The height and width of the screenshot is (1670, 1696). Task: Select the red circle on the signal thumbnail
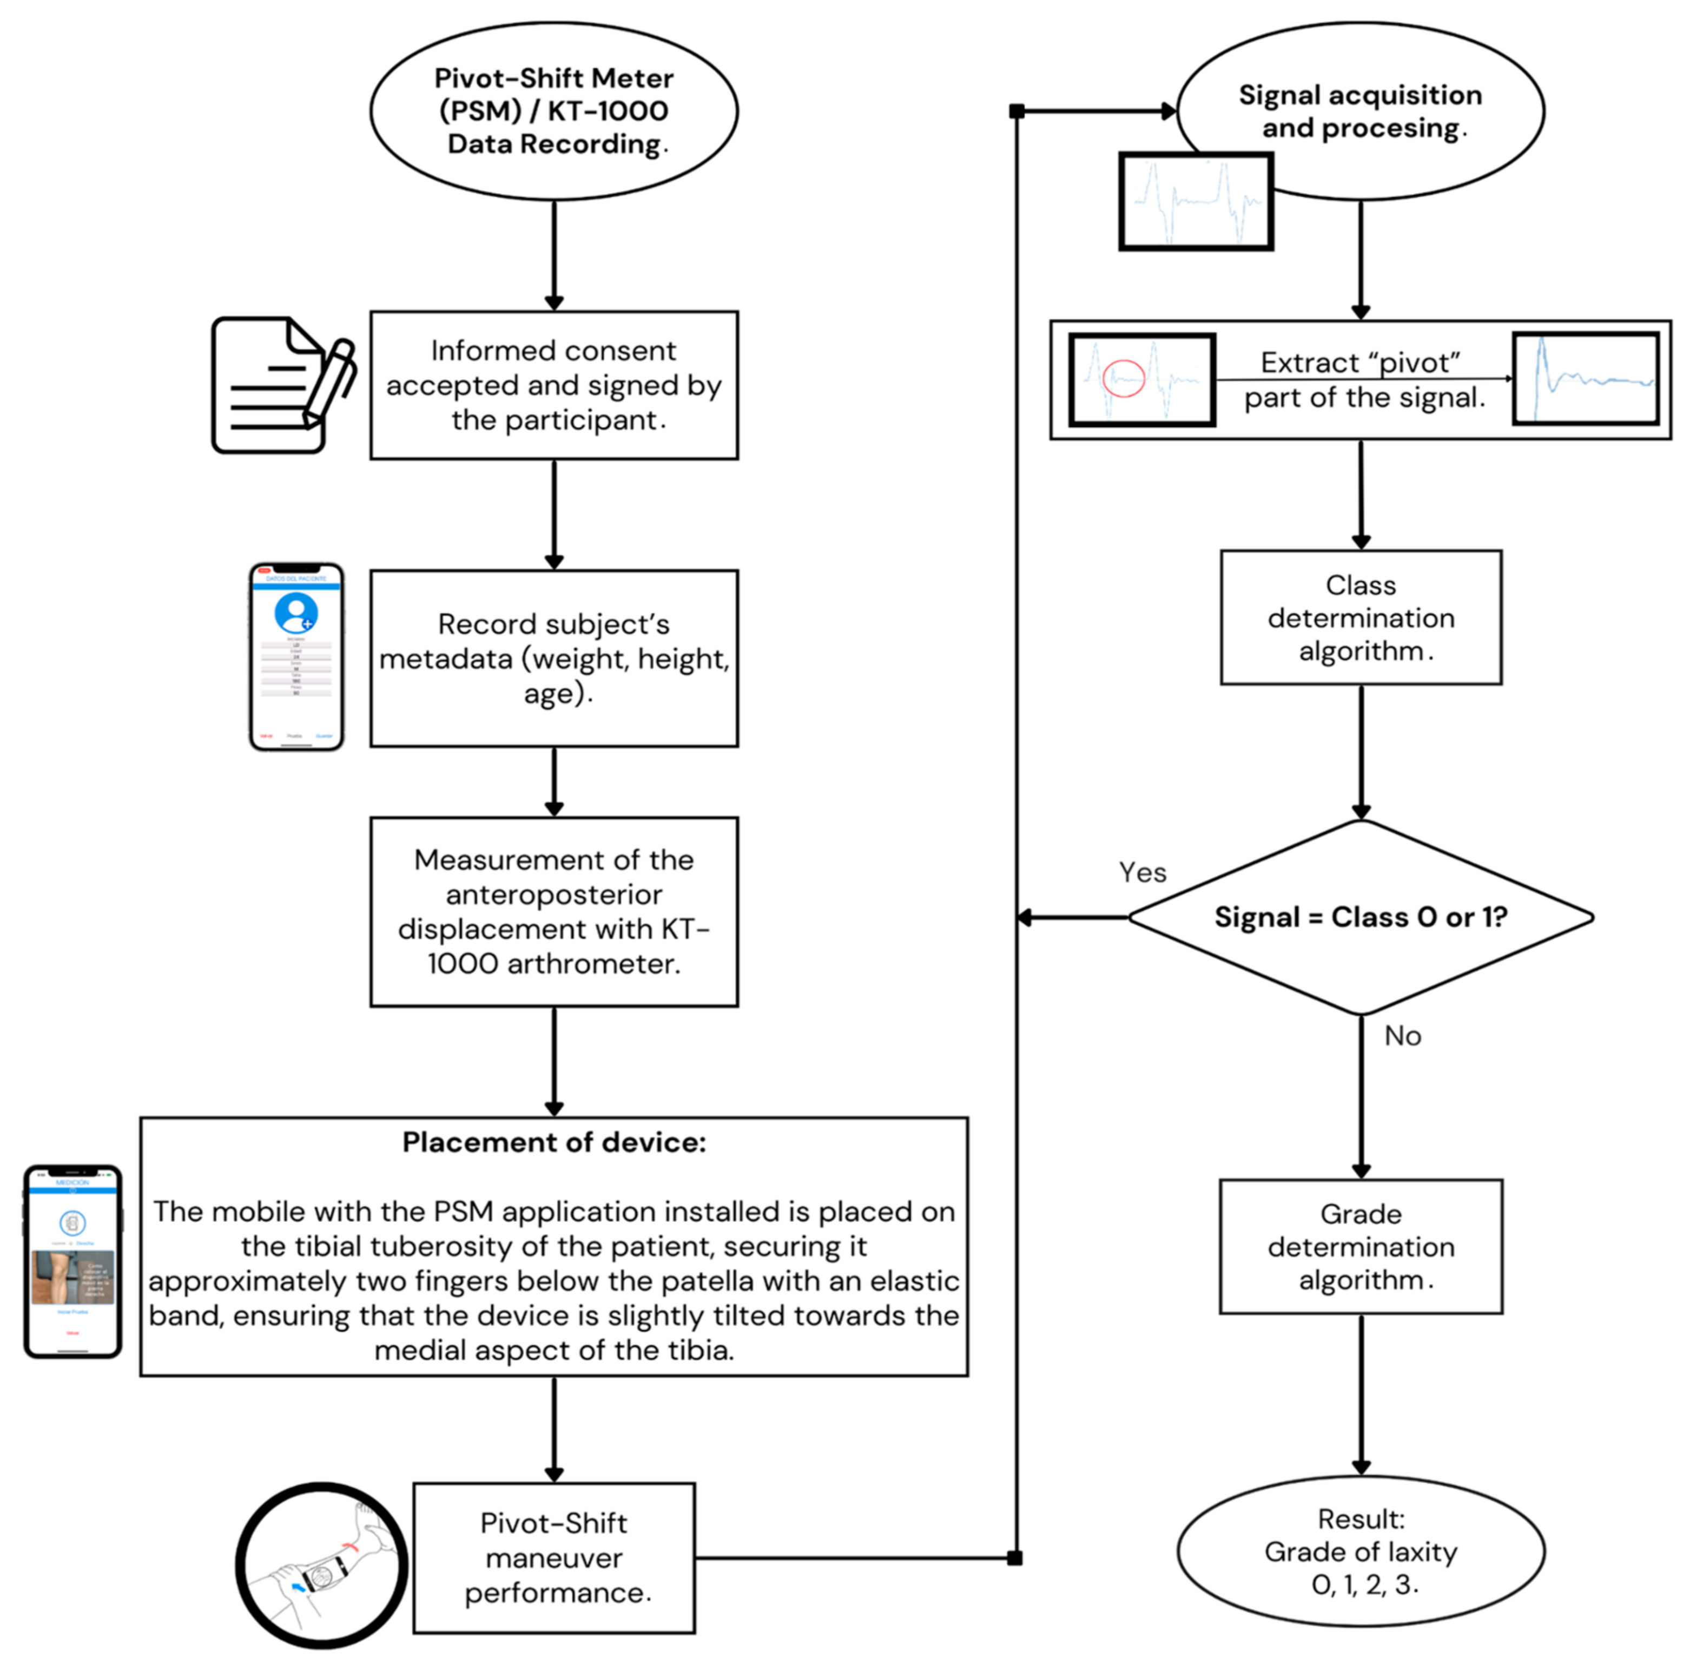click(1123, 378)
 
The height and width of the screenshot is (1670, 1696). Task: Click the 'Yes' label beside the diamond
click(1142, 873)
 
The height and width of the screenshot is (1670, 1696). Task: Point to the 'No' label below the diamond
click(1402, 1036)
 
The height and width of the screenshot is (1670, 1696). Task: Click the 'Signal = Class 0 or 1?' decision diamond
click(1360, 917)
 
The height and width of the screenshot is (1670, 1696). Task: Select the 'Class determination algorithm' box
click(1360, 617)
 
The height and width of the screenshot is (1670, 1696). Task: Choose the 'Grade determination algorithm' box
click(1360, 1246)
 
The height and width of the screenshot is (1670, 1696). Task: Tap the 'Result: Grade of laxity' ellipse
click(1360, 1551)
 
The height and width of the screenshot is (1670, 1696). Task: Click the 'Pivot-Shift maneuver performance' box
click(553, 1558)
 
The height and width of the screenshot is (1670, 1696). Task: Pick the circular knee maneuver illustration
click(322, 1565)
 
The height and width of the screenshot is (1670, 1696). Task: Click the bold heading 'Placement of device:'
click(553, 1142)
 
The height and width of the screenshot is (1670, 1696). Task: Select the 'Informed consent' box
click(553, 385)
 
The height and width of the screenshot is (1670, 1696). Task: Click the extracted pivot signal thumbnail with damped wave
click(1586, 379)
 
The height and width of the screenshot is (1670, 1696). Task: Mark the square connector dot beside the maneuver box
click(1014, 1558)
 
